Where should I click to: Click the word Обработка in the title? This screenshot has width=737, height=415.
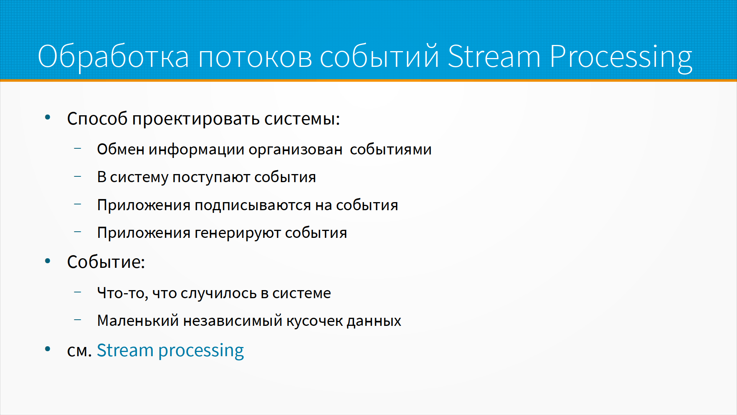(114, 56)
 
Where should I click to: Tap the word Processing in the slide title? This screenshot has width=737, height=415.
(621, 58)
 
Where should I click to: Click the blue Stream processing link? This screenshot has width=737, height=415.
(170, 351)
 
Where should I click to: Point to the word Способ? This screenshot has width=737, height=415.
(97, 118)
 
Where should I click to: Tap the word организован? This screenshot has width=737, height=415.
(296, 150)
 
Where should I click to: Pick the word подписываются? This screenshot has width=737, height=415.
(253, 206)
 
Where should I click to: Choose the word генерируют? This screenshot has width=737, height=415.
(238, 234)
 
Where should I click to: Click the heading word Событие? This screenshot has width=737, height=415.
(106, 262)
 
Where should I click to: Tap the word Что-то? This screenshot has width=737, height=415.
(122, 294)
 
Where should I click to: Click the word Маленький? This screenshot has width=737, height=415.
(138, 321)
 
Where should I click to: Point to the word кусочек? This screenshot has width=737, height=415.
(315, 322)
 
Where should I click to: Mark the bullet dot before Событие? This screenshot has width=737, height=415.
(48, 261)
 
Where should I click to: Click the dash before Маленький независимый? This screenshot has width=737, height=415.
(78, 320)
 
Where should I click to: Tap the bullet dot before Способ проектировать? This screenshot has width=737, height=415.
(48, 118)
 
